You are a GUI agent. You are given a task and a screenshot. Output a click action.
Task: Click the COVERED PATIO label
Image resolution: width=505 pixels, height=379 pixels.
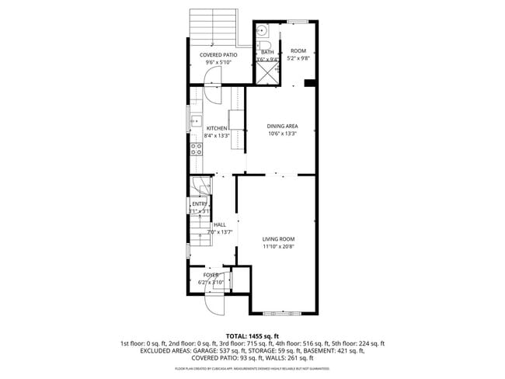click(x=218, y=55)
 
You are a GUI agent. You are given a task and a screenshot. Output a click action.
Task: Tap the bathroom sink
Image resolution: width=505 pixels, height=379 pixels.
click(x=263, y=32)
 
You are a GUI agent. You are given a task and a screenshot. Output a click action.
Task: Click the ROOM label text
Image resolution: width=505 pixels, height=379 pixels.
click(x=298, y=51)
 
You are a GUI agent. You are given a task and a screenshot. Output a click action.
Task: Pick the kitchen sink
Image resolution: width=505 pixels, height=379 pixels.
click(x=197, y=121)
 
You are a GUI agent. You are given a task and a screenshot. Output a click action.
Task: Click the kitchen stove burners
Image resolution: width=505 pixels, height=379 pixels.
click(x=197, y=148)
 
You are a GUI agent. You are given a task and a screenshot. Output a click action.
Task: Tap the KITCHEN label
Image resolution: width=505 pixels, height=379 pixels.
click(x=217, y=128)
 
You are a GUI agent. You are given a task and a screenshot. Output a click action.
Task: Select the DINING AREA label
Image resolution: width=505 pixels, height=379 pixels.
click(x=282, y=126)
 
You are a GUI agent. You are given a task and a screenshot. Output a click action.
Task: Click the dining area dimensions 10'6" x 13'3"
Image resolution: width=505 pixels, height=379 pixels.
click(x=282, y=134)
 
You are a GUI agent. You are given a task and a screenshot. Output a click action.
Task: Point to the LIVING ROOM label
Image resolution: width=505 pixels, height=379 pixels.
click(x=278, y=238)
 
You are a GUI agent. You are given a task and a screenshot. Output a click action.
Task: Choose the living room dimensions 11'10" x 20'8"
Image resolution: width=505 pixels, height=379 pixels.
click(x=278, y=246)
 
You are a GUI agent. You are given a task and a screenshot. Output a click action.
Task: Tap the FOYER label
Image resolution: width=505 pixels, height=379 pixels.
click(x=211, y=275)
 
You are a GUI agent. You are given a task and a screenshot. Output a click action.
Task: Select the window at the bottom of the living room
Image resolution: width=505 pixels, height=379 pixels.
click(x=283, y=313)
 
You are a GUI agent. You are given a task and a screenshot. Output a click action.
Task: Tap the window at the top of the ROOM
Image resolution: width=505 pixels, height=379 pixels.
click(x=298, y=20)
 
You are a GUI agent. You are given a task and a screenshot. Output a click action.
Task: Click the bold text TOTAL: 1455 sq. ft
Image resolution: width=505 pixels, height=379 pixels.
click(x=252, y=335)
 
